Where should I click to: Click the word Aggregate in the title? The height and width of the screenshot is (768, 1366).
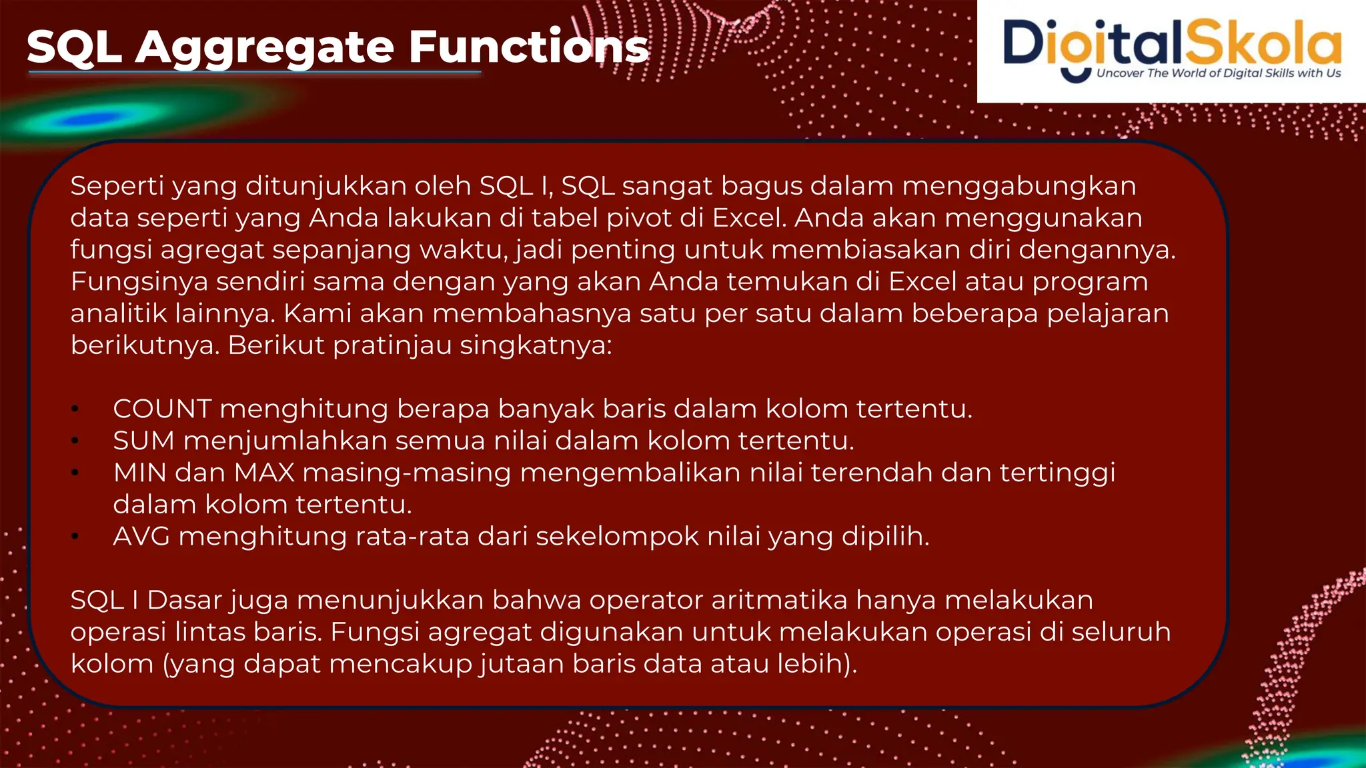click(x=265, y=48)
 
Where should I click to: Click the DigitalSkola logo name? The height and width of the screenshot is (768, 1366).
click(x=1171, y=43)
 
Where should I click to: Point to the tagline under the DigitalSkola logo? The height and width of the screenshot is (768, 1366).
click(x=1218, y=73)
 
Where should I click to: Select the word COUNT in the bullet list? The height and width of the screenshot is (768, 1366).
click(x=162, y=409)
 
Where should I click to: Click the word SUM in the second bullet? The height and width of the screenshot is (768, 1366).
click(x=143, y=441)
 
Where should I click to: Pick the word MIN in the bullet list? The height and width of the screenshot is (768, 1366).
click(x=139, y=473)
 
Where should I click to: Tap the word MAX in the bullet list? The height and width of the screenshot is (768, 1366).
click(x=264, y=473)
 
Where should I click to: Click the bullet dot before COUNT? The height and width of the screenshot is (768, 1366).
click(x=75, y=409)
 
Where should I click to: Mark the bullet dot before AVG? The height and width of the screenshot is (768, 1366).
click(x=75, y=537)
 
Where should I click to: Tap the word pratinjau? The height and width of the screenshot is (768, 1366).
click(x=392, y=345)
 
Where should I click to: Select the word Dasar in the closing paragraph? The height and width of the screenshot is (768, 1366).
click(x=183, y=600)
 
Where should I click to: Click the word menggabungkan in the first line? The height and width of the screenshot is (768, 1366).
click(x=1018, y=186)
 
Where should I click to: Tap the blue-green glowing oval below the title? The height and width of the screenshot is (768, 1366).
click(x=100, y=119)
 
